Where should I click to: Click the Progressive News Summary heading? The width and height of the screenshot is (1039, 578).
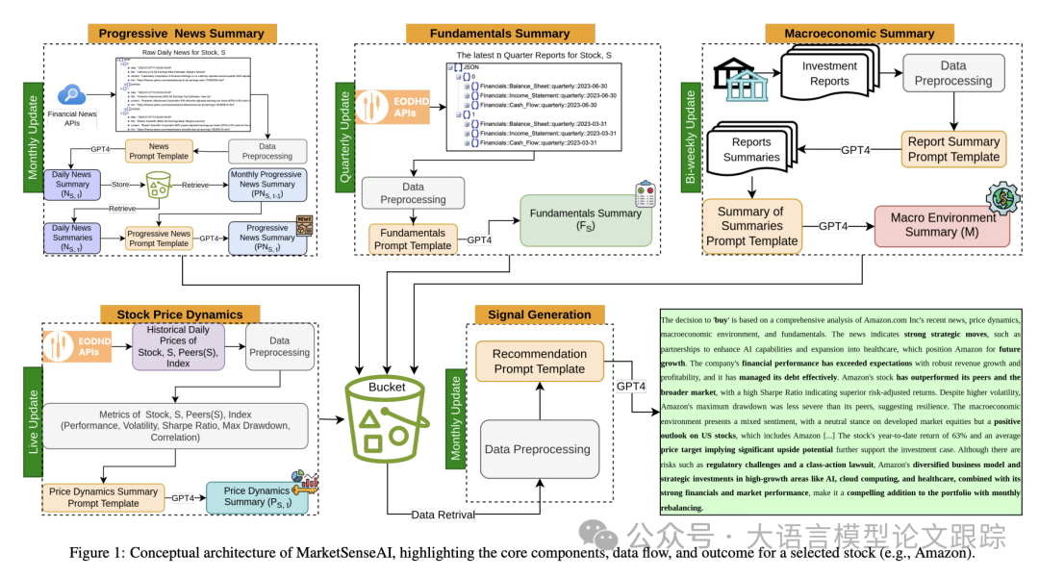(181, 33)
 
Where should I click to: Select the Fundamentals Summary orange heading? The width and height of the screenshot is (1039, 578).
(501, 33)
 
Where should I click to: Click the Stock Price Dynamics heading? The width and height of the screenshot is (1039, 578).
(180, 314)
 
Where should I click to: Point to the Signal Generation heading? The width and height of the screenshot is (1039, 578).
(540, 314)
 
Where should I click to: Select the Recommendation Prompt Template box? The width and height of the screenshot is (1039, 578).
(539, 362)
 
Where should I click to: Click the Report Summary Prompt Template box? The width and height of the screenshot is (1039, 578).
(953, 149)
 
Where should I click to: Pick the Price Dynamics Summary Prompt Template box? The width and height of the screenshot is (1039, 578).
(103, 497)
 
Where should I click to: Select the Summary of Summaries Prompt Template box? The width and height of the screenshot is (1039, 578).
(751, 227)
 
